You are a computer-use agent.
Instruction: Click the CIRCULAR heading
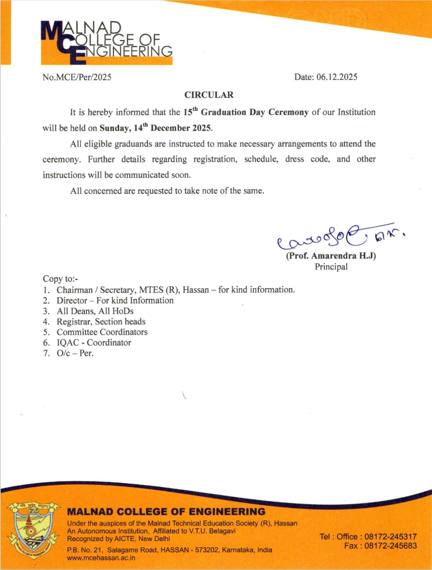coord(209,95)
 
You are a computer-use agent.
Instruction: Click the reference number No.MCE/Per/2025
coord(77,77)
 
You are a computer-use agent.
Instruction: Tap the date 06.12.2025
coord(336,77)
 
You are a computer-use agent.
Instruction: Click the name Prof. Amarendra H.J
coord(331,256)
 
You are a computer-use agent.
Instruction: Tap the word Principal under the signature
coord(331,267)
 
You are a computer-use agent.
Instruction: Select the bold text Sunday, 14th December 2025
coord(155,128)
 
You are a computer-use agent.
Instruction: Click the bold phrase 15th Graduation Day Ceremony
coord(246,112)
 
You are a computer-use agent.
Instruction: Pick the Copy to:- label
coord(60,279)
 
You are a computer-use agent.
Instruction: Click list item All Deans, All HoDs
coord(95,311)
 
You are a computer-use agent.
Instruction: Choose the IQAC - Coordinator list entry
coord(94,343)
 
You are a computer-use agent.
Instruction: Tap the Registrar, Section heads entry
coord(101,322)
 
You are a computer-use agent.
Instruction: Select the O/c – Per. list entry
coord(75,353)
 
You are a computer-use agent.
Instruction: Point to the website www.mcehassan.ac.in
coord(101,558)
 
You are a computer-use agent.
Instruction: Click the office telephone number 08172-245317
coord(390,537)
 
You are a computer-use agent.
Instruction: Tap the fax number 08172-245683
coord(390,546)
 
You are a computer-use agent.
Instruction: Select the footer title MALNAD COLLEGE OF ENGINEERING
coord(166,512)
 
